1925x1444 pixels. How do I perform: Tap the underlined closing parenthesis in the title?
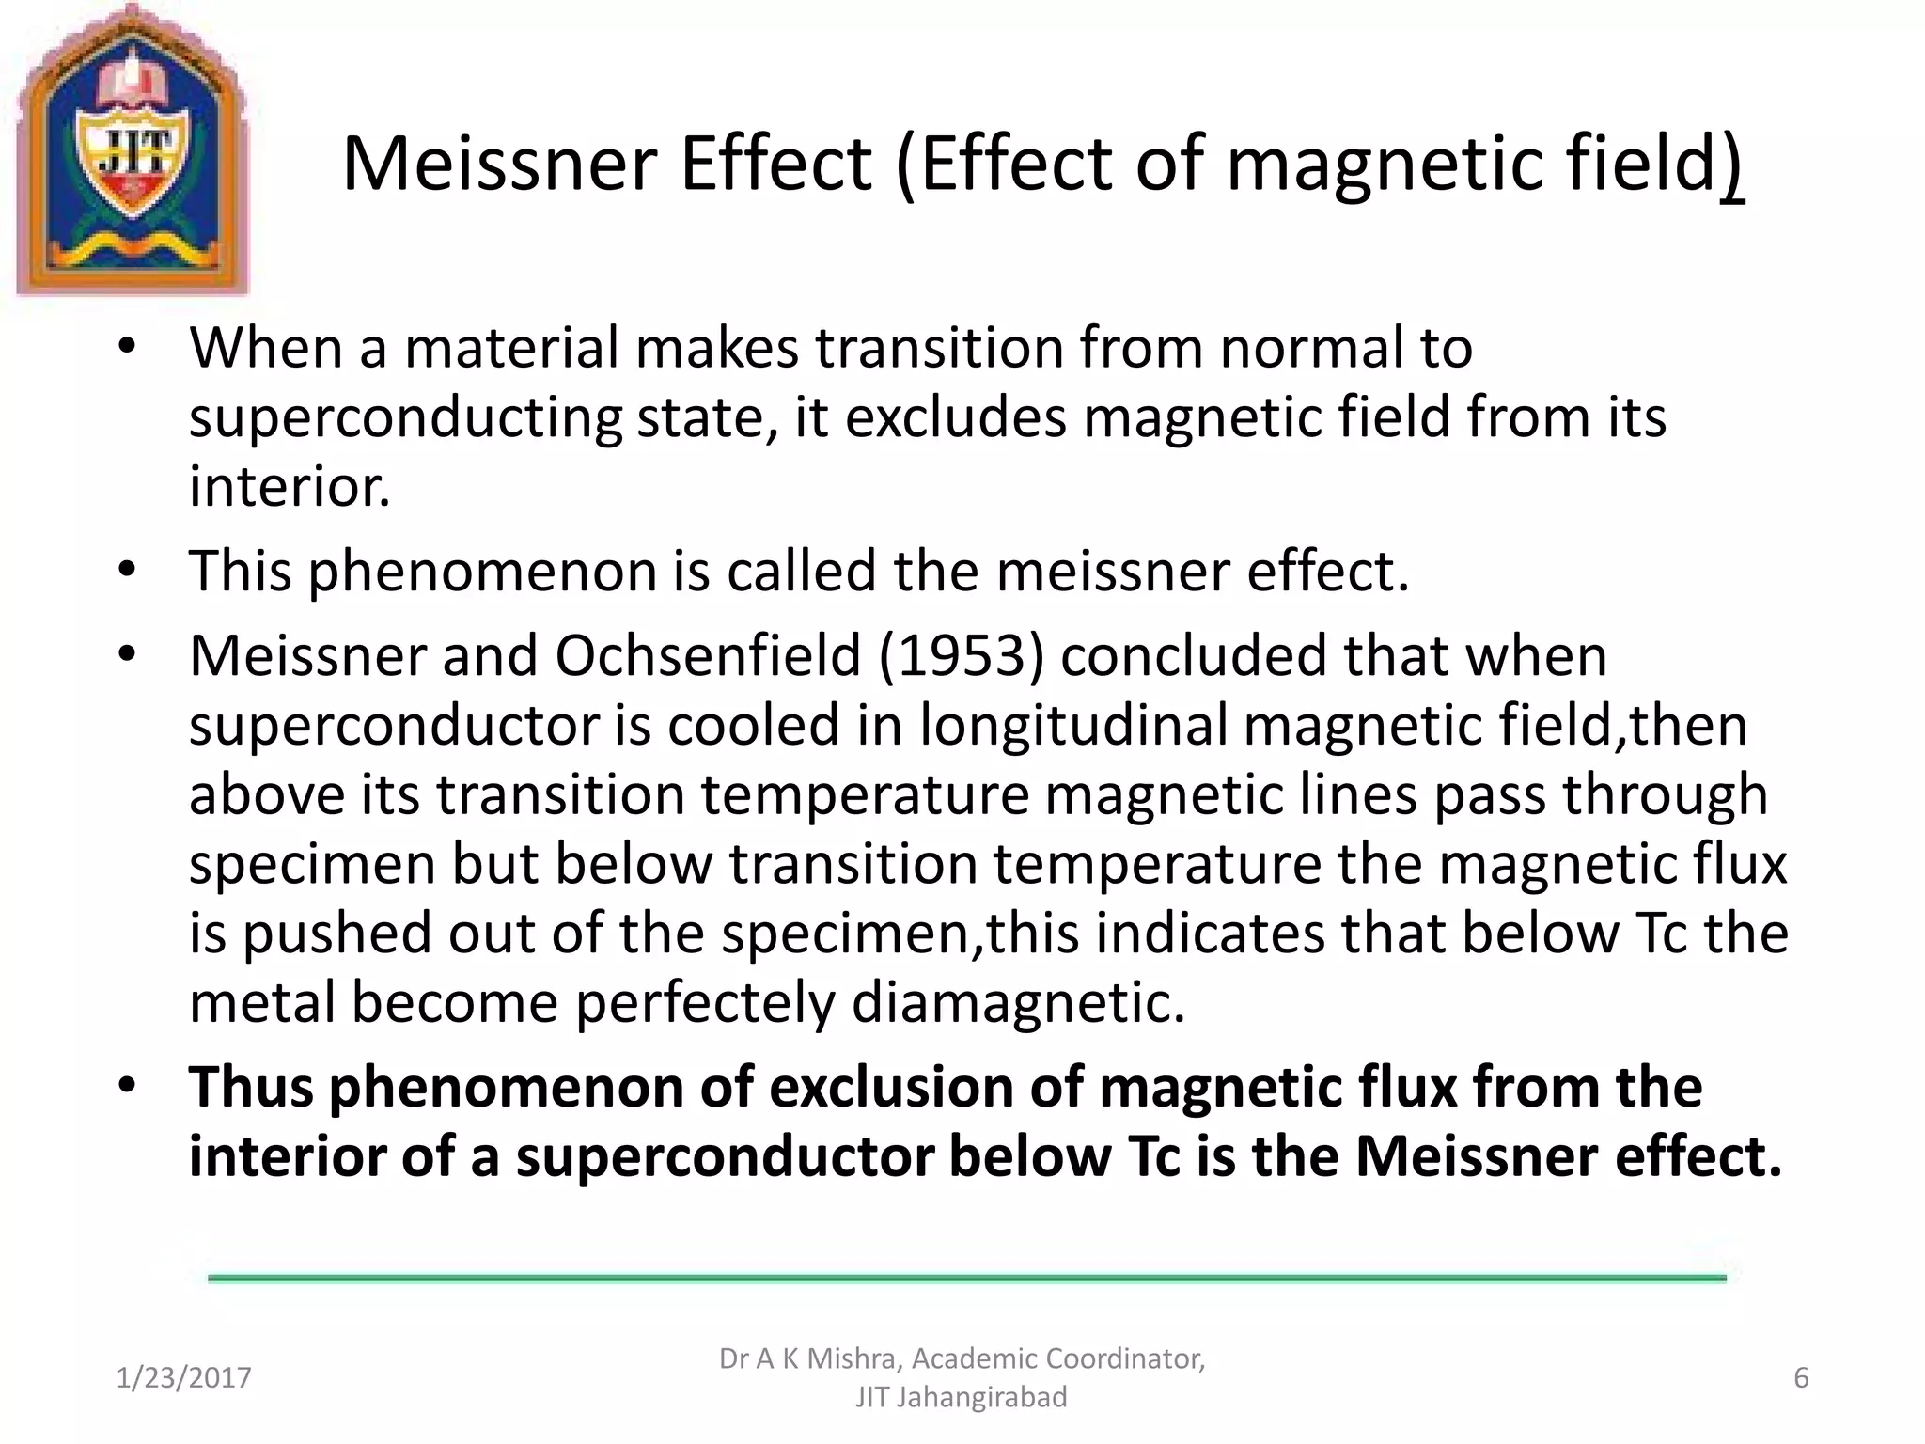[x=1734, y=166]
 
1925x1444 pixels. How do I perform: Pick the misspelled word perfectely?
[x=704, y=1002]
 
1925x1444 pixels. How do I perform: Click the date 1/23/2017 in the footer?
[x=183, y=1378]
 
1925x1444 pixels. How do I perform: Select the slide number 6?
[x=1801, y=1378]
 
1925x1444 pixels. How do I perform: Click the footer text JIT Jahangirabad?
[x=961, y=1398]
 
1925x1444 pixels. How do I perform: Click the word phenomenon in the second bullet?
[x=482, y=571]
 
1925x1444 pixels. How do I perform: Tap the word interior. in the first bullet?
[x=290, y=487]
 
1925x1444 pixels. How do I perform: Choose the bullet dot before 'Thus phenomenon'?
[x=128, y=1087]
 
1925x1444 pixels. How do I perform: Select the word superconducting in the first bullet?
[x=405, y=417]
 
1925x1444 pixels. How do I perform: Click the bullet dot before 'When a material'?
[x=128, y=348]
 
